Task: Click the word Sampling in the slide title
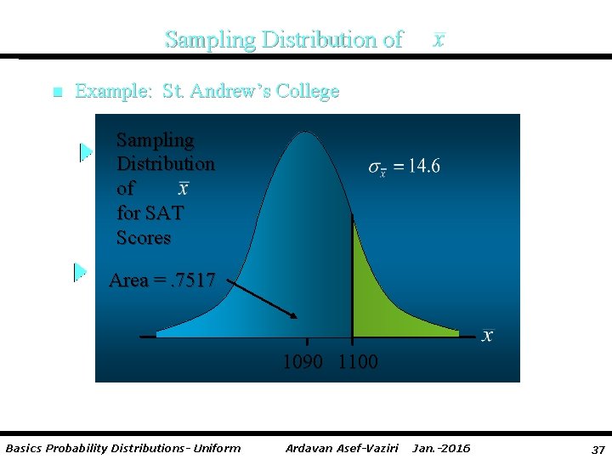click(211, 40)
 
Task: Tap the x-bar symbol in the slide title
click(438, 40)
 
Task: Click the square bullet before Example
click(57, 92)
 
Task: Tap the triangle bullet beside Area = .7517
click(81, 272)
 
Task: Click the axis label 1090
click(303, 362)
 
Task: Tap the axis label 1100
click(358, 362)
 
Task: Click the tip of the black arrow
click(297, 317)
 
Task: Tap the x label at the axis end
click(487, 336)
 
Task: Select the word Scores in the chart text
click(144, 237)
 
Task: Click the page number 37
click(598, 448)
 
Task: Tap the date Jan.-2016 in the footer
click(441, 448)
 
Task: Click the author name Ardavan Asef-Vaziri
click(343, 448)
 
